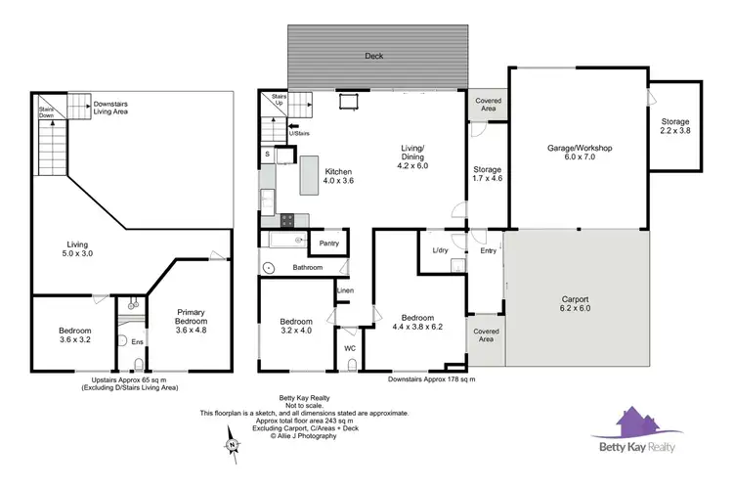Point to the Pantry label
(328, 243)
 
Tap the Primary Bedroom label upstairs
(191, 321)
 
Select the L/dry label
(440, 251)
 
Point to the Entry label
(488, 251)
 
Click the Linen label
(345, 290)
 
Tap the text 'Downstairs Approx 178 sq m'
(429, 379)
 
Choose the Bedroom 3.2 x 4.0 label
(295, 328)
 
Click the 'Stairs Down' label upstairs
(46, 111)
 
